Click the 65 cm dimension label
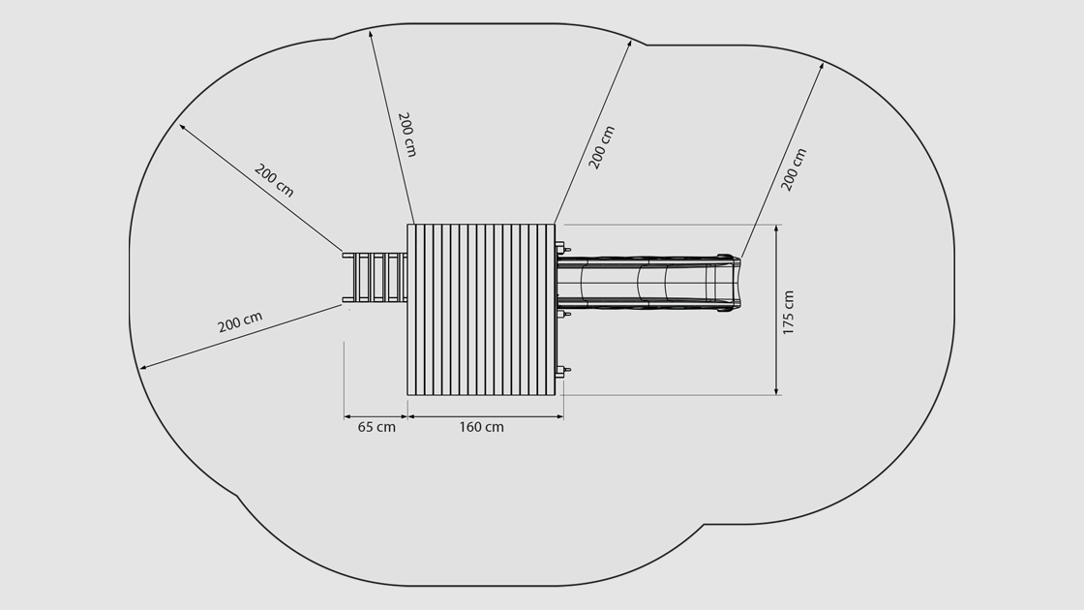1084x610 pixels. (376, 427)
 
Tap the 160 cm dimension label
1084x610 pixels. (482, 427)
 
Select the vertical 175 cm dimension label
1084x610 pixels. (788, 313)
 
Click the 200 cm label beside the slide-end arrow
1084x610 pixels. (794, 169)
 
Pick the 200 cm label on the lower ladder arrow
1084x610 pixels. (240, 322)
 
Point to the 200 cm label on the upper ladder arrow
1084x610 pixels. (275, 180)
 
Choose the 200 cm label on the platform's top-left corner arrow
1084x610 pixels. (407, 135)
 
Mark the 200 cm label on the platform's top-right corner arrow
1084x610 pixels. (601, 147)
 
